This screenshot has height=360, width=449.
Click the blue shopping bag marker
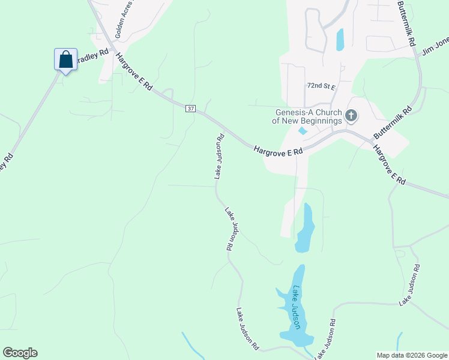pyautogui.click(x=65, y=60)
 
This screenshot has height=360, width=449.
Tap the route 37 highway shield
pyautogui.click(x=191, y=109)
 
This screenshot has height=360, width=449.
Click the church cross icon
pyautogui.click(x=351, y=115)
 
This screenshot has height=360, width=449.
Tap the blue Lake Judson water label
pyautogui.click(x=296, y=308)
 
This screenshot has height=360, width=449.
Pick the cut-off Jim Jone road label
pyautogui.click(x=435, y=46)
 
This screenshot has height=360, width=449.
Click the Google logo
pyautogui.click(x=20, y=353)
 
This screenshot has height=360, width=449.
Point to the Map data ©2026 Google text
pyautogui.click(x=412, y=355)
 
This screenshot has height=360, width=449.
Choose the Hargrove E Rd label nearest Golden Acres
pyautogui.click(x=134, y=71)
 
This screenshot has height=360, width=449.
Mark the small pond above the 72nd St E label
pyautogui.click(x=340, y=40)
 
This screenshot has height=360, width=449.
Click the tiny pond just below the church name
pyautogui.click(x=303, y=130)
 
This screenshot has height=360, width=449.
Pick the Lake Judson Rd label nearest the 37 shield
pyautogui.click(x=219, y=157)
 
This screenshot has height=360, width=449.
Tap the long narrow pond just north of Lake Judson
pyautogui.click(x=305, y=228)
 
